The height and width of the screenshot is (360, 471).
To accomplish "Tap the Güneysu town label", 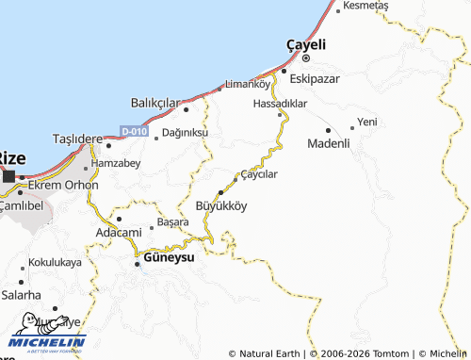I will pos(170,256).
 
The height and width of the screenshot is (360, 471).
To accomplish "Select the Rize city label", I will pos(11,157).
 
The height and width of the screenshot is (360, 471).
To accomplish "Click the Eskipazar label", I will pos(315,78).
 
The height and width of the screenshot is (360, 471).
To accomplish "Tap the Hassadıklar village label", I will pos(281,104).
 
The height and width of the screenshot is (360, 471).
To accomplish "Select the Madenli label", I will pos(329,143).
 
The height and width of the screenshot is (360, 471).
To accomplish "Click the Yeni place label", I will pos(366,122).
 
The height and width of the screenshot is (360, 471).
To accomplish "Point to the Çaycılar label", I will pos(261,173).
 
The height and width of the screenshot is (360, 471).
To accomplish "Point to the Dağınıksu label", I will pos(185,134).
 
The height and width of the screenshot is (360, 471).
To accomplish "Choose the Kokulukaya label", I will pos(55,262).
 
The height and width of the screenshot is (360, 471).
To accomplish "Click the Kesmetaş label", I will pos(366,6).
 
